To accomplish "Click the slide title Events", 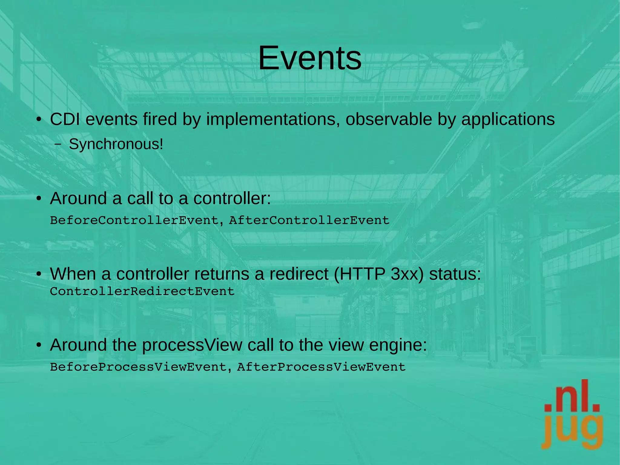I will [x=310, y=58].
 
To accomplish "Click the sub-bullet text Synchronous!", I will [x=116, y=144].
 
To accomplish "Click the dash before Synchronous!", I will [x=58, y=144].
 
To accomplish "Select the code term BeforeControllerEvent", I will [x=134, y=220].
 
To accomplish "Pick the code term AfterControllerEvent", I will [x=309, y=220].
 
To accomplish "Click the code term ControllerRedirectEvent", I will [x=142, y=291].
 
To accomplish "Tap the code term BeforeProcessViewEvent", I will [x=138, y=367].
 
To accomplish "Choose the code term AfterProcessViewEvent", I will [x=321, y=367].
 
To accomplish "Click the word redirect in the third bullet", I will [x=299, y=274].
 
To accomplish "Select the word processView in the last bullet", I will [x=192, y=345].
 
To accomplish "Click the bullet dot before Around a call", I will [x=38, y=199].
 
